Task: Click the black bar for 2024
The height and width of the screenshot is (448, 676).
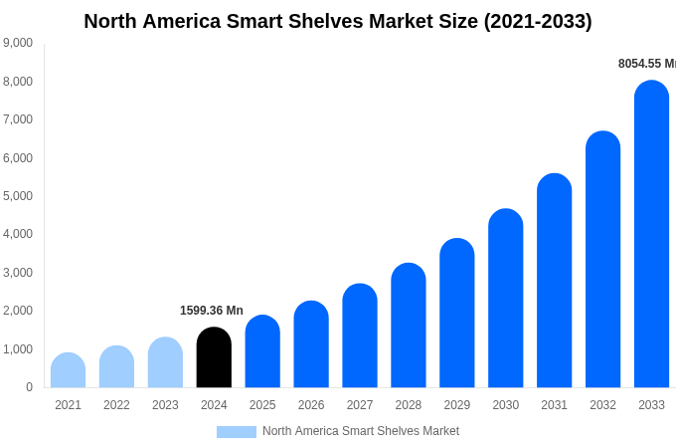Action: pyautogui.click(x=214, y=357)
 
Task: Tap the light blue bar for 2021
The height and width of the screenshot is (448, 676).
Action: pyautogui.click(x=68, y=370)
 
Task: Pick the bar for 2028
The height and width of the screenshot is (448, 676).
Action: pyautogui.click(x=408, y=326)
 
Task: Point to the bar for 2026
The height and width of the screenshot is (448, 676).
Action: pyautogui.click(x=311, y=344)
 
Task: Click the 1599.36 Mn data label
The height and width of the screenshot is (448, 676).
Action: pyautogui.click(x=211, y=311)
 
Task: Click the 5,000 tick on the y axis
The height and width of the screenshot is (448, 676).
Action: pyautogui.click(x=17, y=196)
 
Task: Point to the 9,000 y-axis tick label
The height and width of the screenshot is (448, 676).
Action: pyautogui.click(x=17, y=43)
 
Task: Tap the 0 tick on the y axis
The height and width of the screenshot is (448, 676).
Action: pyautogui.click(x=29, y=387)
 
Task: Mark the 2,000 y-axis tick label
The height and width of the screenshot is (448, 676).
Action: pyautogui.click(x=17, y=311)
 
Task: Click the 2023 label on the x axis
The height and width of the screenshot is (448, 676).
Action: pyautogui.click(x=165, y=405)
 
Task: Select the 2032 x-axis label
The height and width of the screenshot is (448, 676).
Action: pyautogui.click(x=602, y=405)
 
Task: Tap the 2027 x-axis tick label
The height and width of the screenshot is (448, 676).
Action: pyautogui.click(x=360, y=405)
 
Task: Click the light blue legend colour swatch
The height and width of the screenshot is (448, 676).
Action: pyautogui.click(x=236, y=432)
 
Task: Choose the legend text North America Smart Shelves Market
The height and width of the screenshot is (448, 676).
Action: pyautogui.click(x=361, y=431)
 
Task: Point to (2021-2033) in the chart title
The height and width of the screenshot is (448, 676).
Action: pyautogui.click(x=538, y=21)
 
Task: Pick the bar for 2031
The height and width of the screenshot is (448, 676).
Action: pyautogui.click(x=554, y=281)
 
